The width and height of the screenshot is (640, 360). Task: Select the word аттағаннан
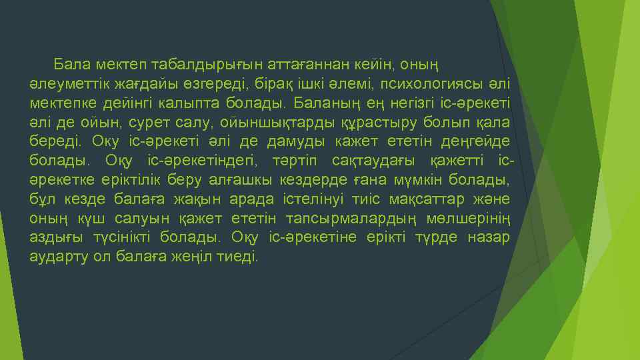309,65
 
